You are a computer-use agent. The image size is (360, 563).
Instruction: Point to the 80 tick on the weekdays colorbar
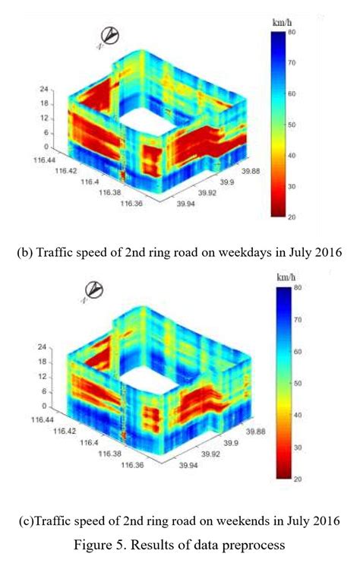coord(302,33)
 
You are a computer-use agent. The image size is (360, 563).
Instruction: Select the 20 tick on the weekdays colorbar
coord(302,217)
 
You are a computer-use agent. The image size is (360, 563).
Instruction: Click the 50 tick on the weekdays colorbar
coord(302,125)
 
